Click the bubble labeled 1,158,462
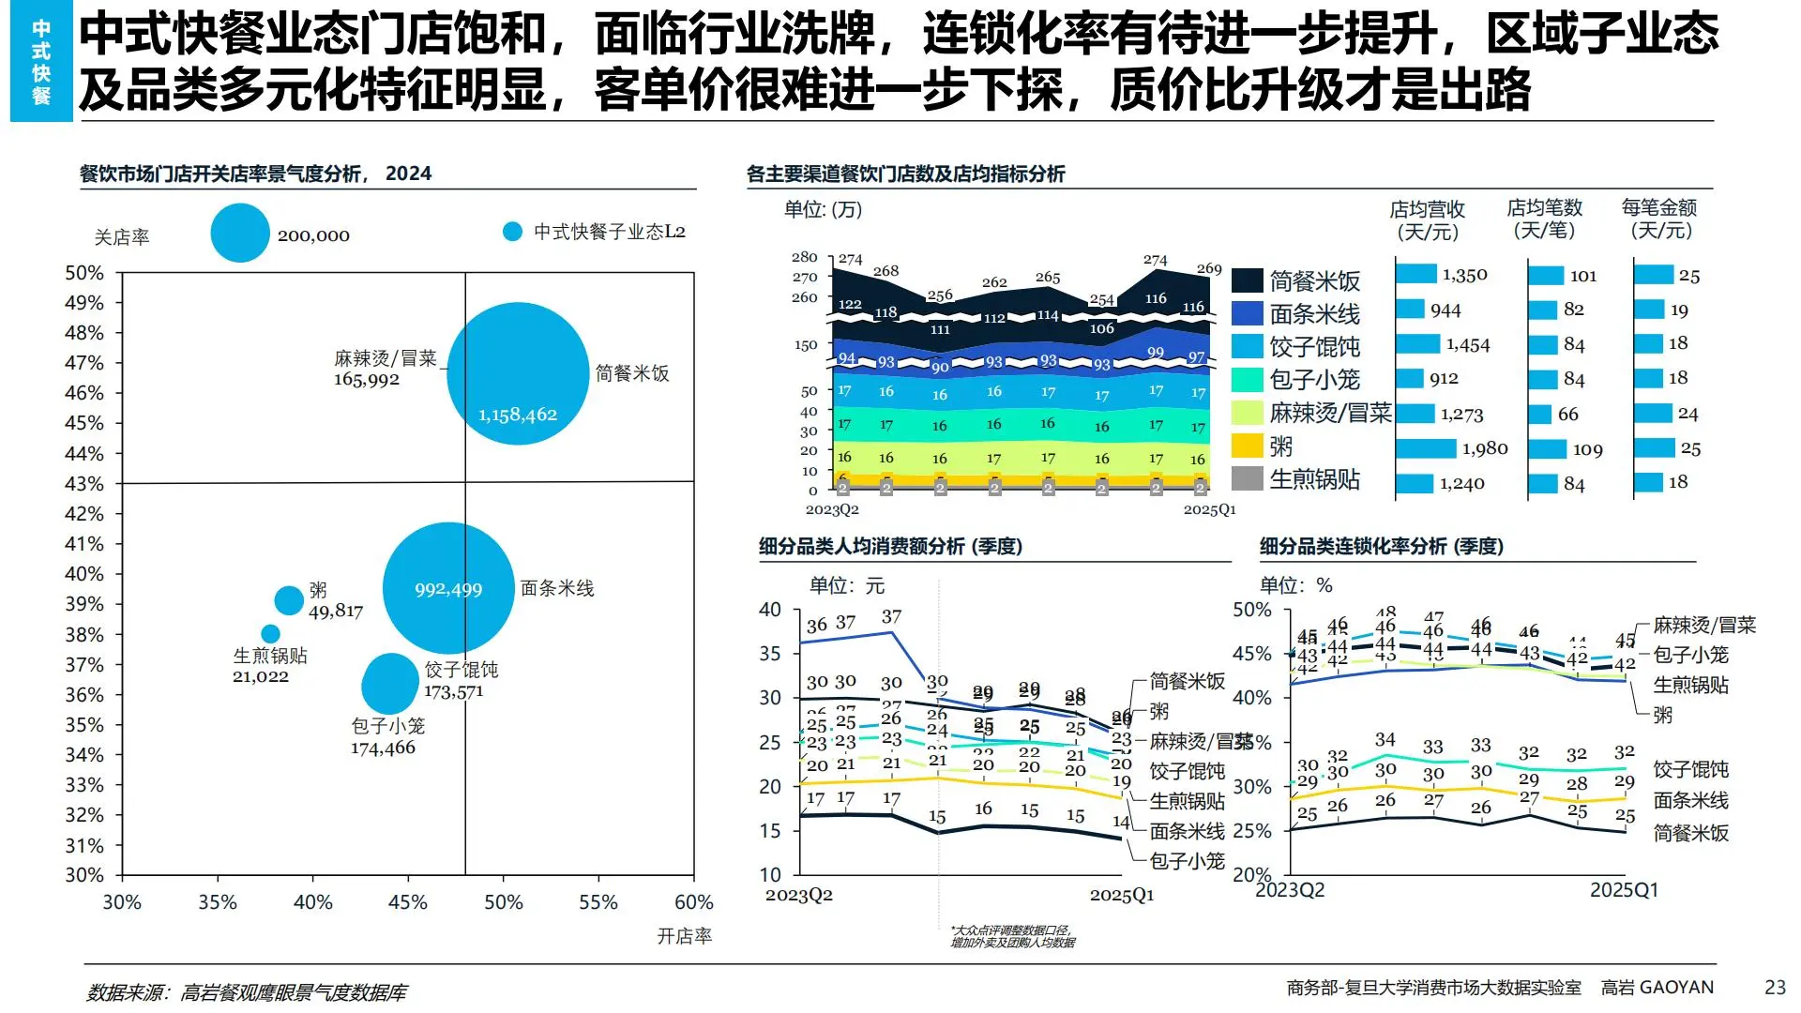(x=518, y=373)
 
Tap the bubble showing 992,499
(x=448, y=588)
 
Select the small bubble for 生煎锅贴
(x=270, y=634)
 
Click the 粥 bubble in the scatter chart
(x=289, y=600)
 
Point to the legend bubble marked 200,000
(x=240, y=234)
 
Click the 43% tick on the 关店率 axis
(x=84, y=484)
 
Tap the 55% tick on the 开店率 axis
(x=598, y=902)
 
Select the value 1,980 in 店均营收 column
(x=1484, y=449)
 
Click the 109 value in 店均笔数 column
(x=1587, y=450)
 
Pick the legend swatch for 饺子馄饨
(x=1247, y=347)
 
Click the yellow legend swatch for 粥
(x=1247, y=446)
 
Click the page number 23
(x=1775, y=987)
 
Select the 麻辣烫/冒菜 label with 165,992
(x=385, y=369)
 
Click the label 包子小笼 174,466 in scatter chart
(x=386, y=737)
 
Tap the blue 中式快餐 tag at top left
(x=41, y=62)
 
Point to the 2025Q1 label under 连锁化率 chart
(x=1624, y=890)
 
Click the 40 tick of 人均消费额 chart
(x=770, y=610)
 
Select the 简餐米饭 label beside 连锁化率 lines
(x=1690, y=833)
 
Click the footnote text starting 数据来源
(x=246, y=992)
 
